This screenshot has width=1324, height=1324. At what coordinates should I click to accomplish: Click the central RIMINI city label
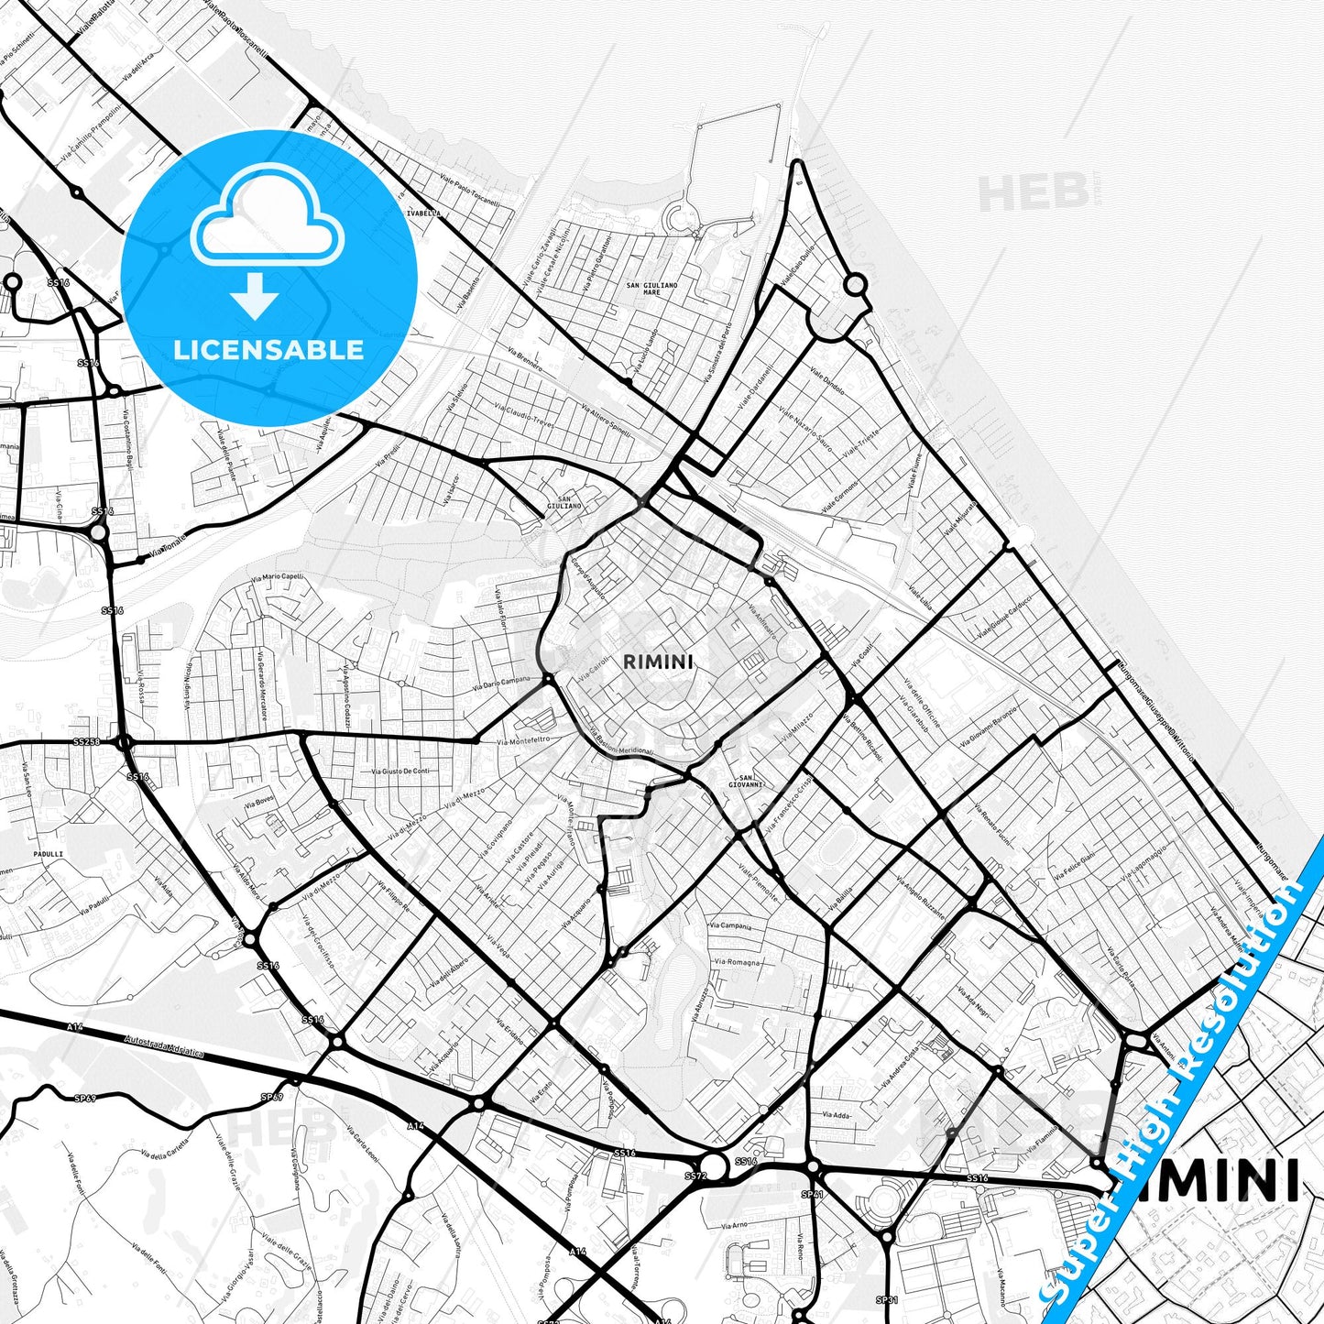(658, 662)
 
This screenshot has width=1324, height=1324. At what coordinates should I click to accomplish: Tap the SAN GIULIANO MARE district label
(651, 289)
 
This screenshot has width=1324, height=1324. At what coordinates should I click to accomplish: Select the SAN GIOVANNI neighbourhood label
(746, 782)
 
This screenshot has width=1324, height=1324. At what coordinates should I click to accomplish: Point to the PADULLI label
(48, 854)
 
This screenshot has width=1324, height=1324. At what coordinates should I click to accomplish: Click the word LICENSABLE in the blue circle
(268, 350)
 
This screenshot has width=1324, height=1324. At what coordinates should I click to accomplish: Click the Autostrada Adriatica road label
(164, 1044)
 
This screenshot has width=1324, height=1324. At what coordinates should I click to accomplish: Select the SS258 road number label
(86, 741)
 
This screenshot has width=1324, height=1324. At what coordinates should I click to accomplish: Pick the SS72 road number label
(695, 1176)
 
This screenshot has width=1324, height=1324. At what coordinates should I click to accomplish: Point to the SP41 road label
(813, 1195)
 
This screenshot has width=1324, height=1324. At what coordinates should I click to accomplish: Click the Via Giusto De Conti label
(400, 771)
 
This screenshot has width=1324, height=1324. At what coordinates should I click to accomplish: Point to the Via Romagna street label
(738, 962)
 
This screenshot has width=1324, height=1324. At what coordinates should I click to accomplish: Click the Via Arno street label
(734, 1225)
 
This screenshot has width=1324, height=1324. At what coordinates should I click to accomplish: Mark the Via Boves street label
(258, 804)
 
